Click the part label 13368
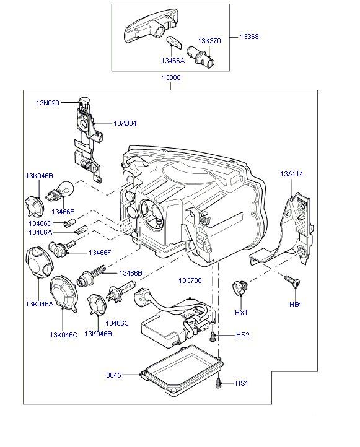point(249,37)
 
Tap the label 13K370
point(209,41)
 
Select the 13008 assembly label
point(171,77)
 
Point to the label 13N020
point(48,103)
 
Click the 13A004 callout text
point(125,123)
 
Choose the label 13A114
point(292,174)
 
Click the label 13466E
point(63,212)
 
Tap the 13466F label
point(100,253)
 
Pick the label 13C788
point(190,280)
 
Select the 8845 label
point(113,375)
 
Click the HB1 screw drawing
point(292,280)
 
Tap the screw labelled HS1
point(219,383)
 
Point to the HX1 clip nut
point(240,288)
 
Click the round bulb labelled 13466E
point(63,189)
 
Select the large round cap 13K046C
point(64,293)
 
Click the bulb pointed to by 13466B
point(91,276)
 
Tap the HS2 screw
point(212,336)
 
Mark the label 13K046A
point(40,304)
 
